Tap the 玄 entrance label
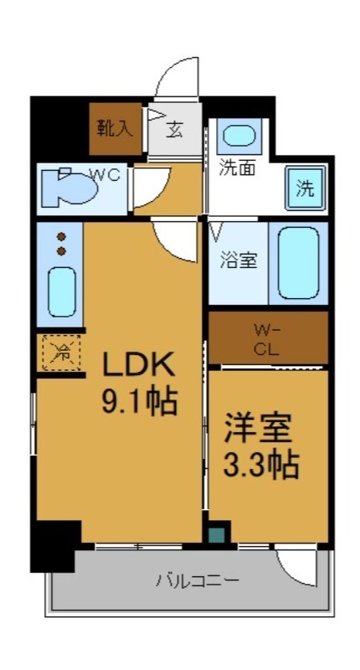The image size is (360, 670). pos(176,131)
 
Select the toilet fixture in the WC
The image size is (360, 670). pos(71,188)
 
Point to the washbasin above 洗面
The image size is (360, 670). pos(239,136)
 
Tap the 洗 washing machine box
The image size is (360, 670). pos(305,188)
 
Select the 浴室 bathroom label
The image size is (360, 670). pos(239,260)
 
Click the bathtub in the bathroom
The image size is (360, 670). pos(299,262)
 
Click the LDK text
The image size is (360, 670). pos(138,365)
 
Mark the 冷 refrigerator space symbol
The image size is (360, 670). pos(59,353)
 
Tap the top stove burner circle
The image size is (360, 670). pos(61,236)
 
